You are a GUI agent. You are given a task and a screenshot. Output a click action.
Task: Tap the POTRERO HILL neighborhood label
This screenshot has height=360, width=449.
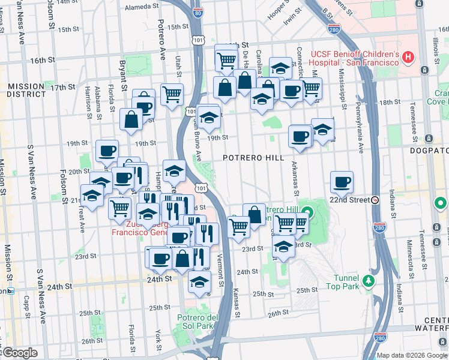(x=253, y=158)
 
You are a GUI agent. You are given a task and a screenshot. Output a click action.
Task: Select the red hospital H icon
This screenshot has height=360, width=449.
(x=408, y=58)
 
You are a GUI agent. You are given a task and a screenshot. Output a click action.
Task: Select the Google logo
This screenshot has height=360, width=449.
(x=19, y=353)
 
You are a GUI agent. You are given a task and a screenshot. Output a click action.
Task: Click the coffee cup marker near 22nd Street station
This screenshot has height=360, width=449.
(x=342, y=181)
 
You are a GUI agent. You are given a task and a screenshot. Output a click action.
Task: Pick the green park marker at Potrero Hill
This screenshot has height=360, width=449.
(x=308, y=212)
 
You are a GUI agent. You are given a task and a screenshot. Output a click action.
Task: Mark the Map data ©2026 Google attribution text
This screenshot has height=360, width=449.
(x=411, y=355)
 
